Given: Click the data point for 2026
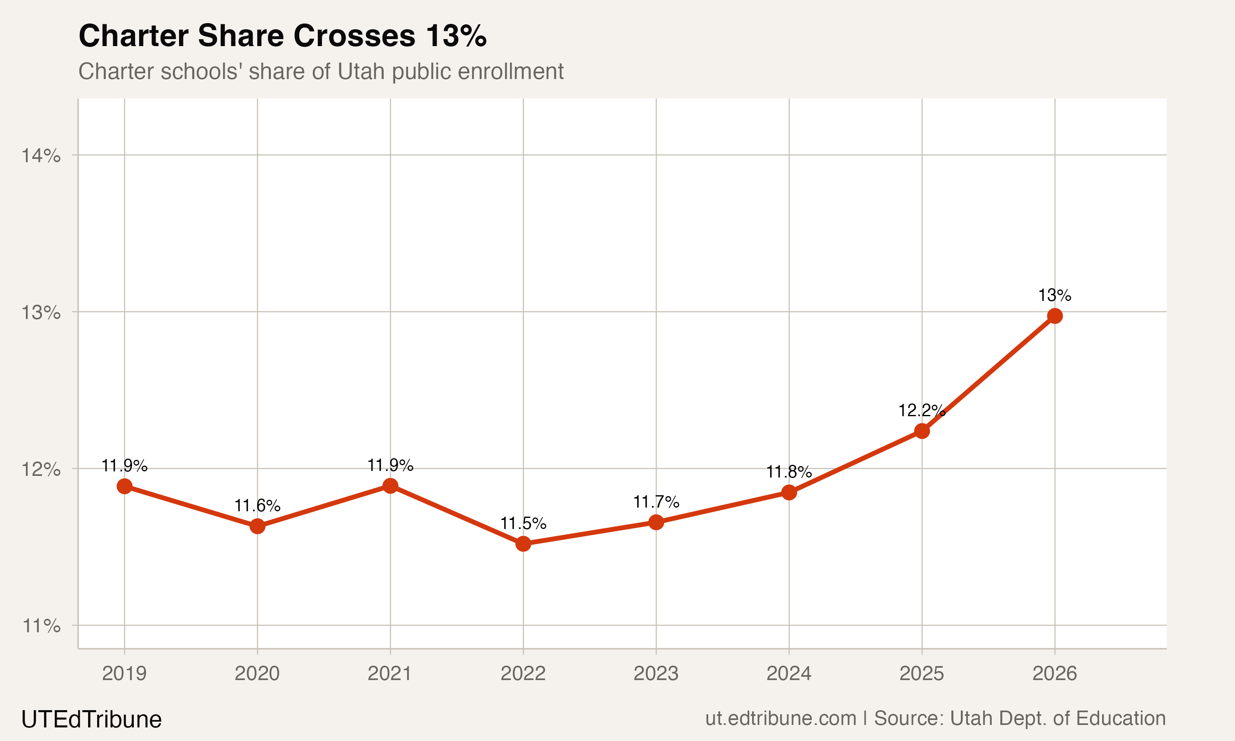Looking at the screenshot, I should coord(1054,316).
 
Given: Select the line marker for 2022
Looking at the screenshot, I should coord(523,543).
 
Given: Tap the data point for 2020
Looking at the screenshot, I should coord(257,526).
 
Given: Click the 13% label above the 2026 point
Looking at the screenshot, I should coord(1054,295).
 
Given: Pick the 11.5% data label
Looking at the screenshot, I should coord(523,523).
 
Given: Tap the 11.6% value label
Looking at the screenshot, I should coord(257,506).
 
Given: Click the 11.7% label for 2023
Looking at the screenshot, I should coord(656,502).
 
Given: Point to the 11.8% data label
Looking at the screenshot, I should coord(789,472).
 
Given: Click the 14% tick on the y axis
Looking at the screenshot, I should coord(41,156).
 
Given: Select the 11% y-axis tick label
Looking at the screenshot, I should coord(41,626).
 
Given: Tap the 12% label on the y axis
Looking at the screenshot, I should coord(41,469).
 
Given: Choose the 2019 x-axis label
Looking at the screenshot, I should coord(124,673).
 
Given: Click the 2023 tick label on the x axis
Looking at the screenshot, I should coord(656,673).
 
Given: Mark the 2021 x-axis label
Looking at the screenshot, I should coord(390,673).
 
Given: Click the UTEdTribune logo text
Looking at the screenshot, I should coord(91,720).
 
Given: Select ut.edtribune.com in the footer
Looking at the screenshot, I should coord(780,718).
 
